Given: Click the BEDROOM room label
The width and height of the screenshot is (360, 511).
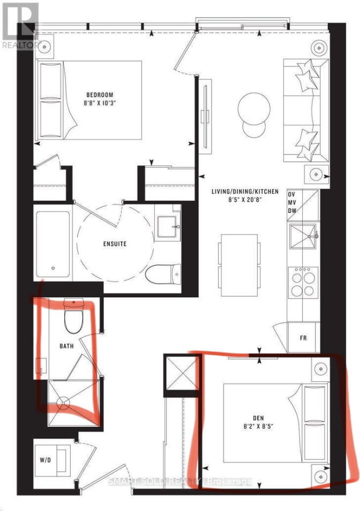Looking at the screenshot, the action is point(100,95).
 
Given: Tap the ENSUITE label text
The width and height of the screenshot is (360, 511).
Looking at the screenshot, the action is point(115,244).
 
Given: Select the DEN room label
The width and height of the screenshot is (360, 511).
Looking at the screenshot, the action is point(258,418).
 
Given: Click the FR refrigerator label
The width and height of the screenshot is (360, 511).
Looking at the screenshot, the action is point(303,338).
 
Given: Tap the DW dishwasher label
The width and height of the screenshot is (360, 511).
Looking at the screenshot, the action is point(292,211).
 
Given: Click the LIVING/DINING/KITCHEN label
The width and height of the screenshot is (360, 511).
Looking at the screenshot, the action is point(245,191).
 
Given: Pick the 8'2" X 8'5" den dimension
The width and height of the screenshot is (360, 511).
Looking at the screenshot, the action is point(258,426).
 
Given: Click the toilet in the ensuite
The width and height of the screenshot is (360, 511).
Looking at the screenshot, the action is point(163,274).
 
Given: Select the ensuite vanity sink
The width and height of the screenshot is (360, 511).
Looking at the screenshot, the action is point(168,226).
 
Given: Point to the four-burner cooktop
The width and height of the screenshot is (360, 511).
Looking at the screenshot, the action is point(303,282).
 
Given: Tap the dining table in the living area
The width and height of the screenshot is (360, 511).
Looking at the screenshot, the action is point(239,265).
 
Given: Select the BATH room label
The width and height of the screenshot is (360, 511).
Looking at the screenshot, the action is point(66,346).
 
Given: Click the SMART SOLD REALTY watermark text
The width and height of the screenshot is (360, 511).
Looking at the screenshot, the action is point(180,482).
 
